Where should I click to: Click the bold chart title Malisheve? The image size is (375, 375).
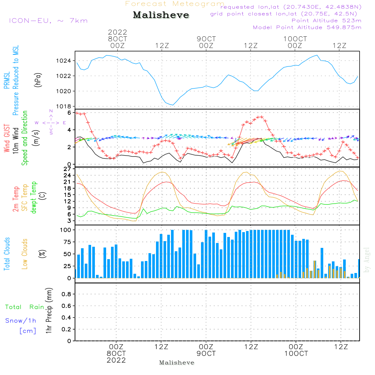coord(161,15)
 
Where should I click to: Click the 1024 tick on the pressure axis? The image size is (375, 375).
coord(63,61)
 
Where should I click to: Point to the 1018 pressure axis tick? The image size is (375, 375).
coord(63,106)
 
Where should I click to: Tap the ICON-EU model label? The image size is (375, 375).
coord(30,21)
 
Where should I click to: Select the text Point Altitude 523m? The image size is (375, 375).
coord(327,21)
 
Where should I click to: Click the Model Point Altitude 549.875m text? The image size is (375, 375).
coord(307,27)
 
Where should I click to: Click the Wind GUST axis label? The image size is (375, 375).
coord(7,138)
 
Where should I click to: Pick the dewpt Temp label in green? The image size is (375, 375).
coord(34,197)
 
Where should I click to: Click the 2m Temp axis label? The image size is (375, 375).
coord(15,199)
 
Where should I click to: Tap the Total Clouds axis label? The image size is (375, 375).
coord(7,254)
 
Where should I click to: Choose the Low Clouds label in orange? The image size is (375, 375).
coord(24,254)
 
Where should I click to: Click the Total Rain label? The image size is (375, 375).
coord(25,307)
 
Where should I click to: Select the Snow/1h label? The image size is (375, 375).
coord(21,321)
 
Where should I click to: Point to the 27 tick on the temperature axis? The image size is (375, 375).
coord(67,169)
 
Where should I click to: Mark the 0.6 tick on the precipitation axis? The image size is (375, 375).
coord(66,306)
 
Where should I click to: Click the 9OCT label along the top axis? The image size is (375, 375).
coord(206,39)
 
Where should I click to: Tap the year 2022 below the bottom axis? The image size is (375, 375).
coord(116,360)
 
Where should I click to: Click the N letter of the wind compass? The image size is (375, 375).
coord(51,111)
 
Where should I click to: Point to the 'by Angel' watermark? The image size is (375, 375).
coord(367,260)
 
